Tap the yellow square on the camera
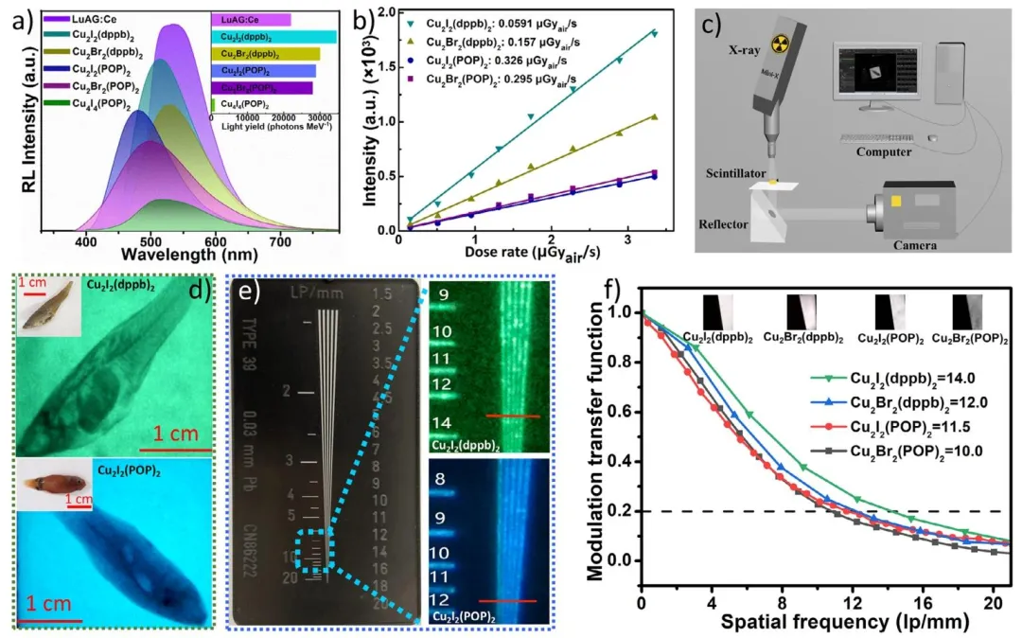point(894,202)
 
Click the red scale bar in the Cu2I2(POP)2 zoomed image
point(515,600)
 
